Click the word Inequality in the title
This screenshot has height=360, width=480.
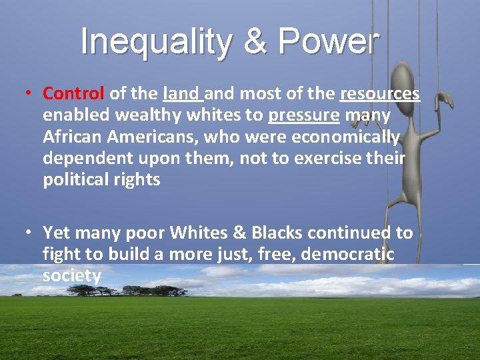(x=155, y=41)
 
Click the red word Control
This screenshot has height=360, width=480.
(x=73, y=93)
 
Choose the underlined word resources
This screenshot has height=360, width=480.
(x=379, y=93)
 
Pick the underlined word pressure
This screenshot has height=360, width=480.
(x=303, y=115)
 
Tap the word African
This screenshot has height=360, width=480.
(x=71, y=137)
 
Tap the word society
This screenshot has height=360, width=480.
(x=71, y=275)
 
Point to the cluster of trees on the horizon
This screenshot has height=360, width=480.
(x=127, y=290)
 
